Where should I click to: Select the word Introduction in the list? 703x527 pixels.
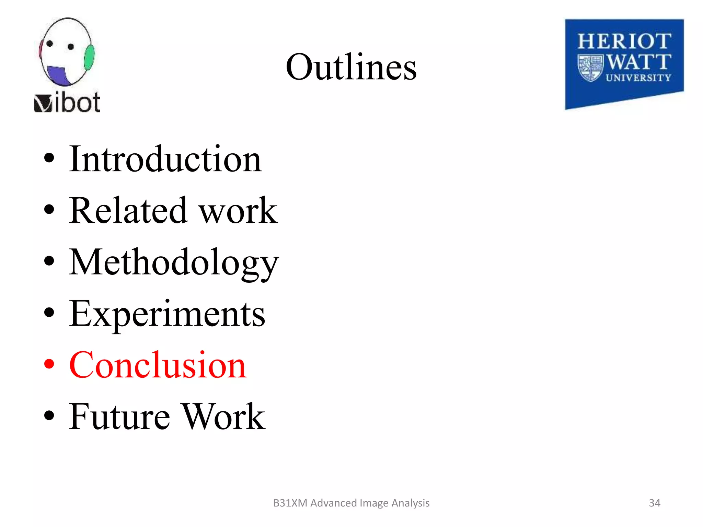coord(165,159)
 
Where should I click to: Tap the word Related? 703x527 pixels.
coord(128,210)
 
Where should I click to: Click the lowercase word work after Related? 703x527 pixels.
coord(239,210)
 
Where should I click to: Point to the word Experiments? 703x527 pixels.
coord(167,314)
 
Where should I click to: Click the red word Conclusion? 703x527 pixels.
coord(158,365)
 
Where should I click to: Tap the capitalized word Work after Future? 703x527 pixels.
coord(223,417)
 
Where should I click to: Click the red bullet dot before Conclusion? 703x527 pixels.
coord(49,364)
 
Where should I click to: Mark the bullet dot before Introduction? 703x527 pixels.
coord(49,158)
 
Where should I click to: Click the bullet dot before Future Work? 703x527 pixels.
coord(49,415)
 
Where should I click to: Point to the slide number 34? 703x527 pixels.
coord(654,503)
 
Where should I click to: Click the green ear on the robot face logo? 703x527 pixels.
coord(89,57)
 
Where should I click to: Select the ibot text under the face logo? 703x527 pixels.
coord(77,103)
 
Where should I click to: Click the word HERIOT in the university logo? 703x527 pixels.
coord(624,42)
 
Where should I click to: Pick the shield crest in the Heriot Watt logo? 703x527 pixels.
coord(590,68)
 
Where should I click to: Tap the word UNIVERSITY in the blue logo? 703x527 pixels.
coord(638,78)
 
